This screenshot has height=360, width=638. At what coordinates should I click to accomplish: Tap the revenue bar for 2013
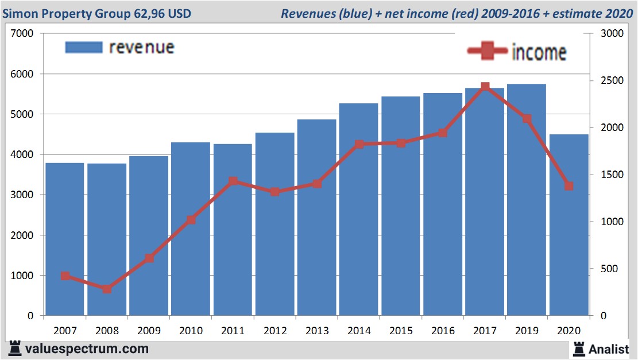(316, 218)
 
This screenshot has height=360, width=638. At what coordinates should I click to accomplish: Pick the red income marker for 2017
(485, 87)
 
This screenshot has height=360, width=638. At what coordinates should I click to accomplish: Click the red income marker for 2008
(107, 289)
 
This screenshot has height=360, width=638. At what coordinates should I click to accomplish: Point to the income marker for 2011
(233, 181)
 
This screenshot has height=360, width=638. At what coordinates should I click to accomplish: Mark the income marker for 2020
(569, 186)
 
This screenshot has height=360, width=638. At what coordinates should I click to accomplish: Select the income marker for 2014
(359, 144)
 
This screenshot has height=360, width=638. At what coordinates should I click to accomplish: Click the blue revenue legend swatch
(84, 47)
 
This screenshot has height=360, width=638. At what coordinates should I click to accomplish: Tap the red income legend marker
(488, 52)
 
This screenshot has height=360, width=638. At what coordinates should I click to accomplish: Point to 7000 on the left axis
(23, 34)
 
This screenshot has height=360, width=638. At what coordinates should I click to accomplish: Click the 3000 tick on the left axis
(23, 195)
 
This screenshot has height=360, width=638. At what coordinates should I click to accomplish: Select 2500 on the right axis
(610, 81)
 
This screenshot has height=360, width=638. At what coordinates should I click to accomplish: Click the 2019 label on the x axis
(527, 331)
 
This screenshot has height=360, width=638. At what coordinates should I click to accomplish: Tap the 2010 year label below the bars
(191, 331)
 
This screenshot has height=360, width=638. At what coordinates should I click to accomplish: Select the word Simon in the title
(19, 13)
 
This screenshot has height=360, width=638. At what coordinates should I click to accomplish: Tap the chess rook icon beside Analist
(578, 348)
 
